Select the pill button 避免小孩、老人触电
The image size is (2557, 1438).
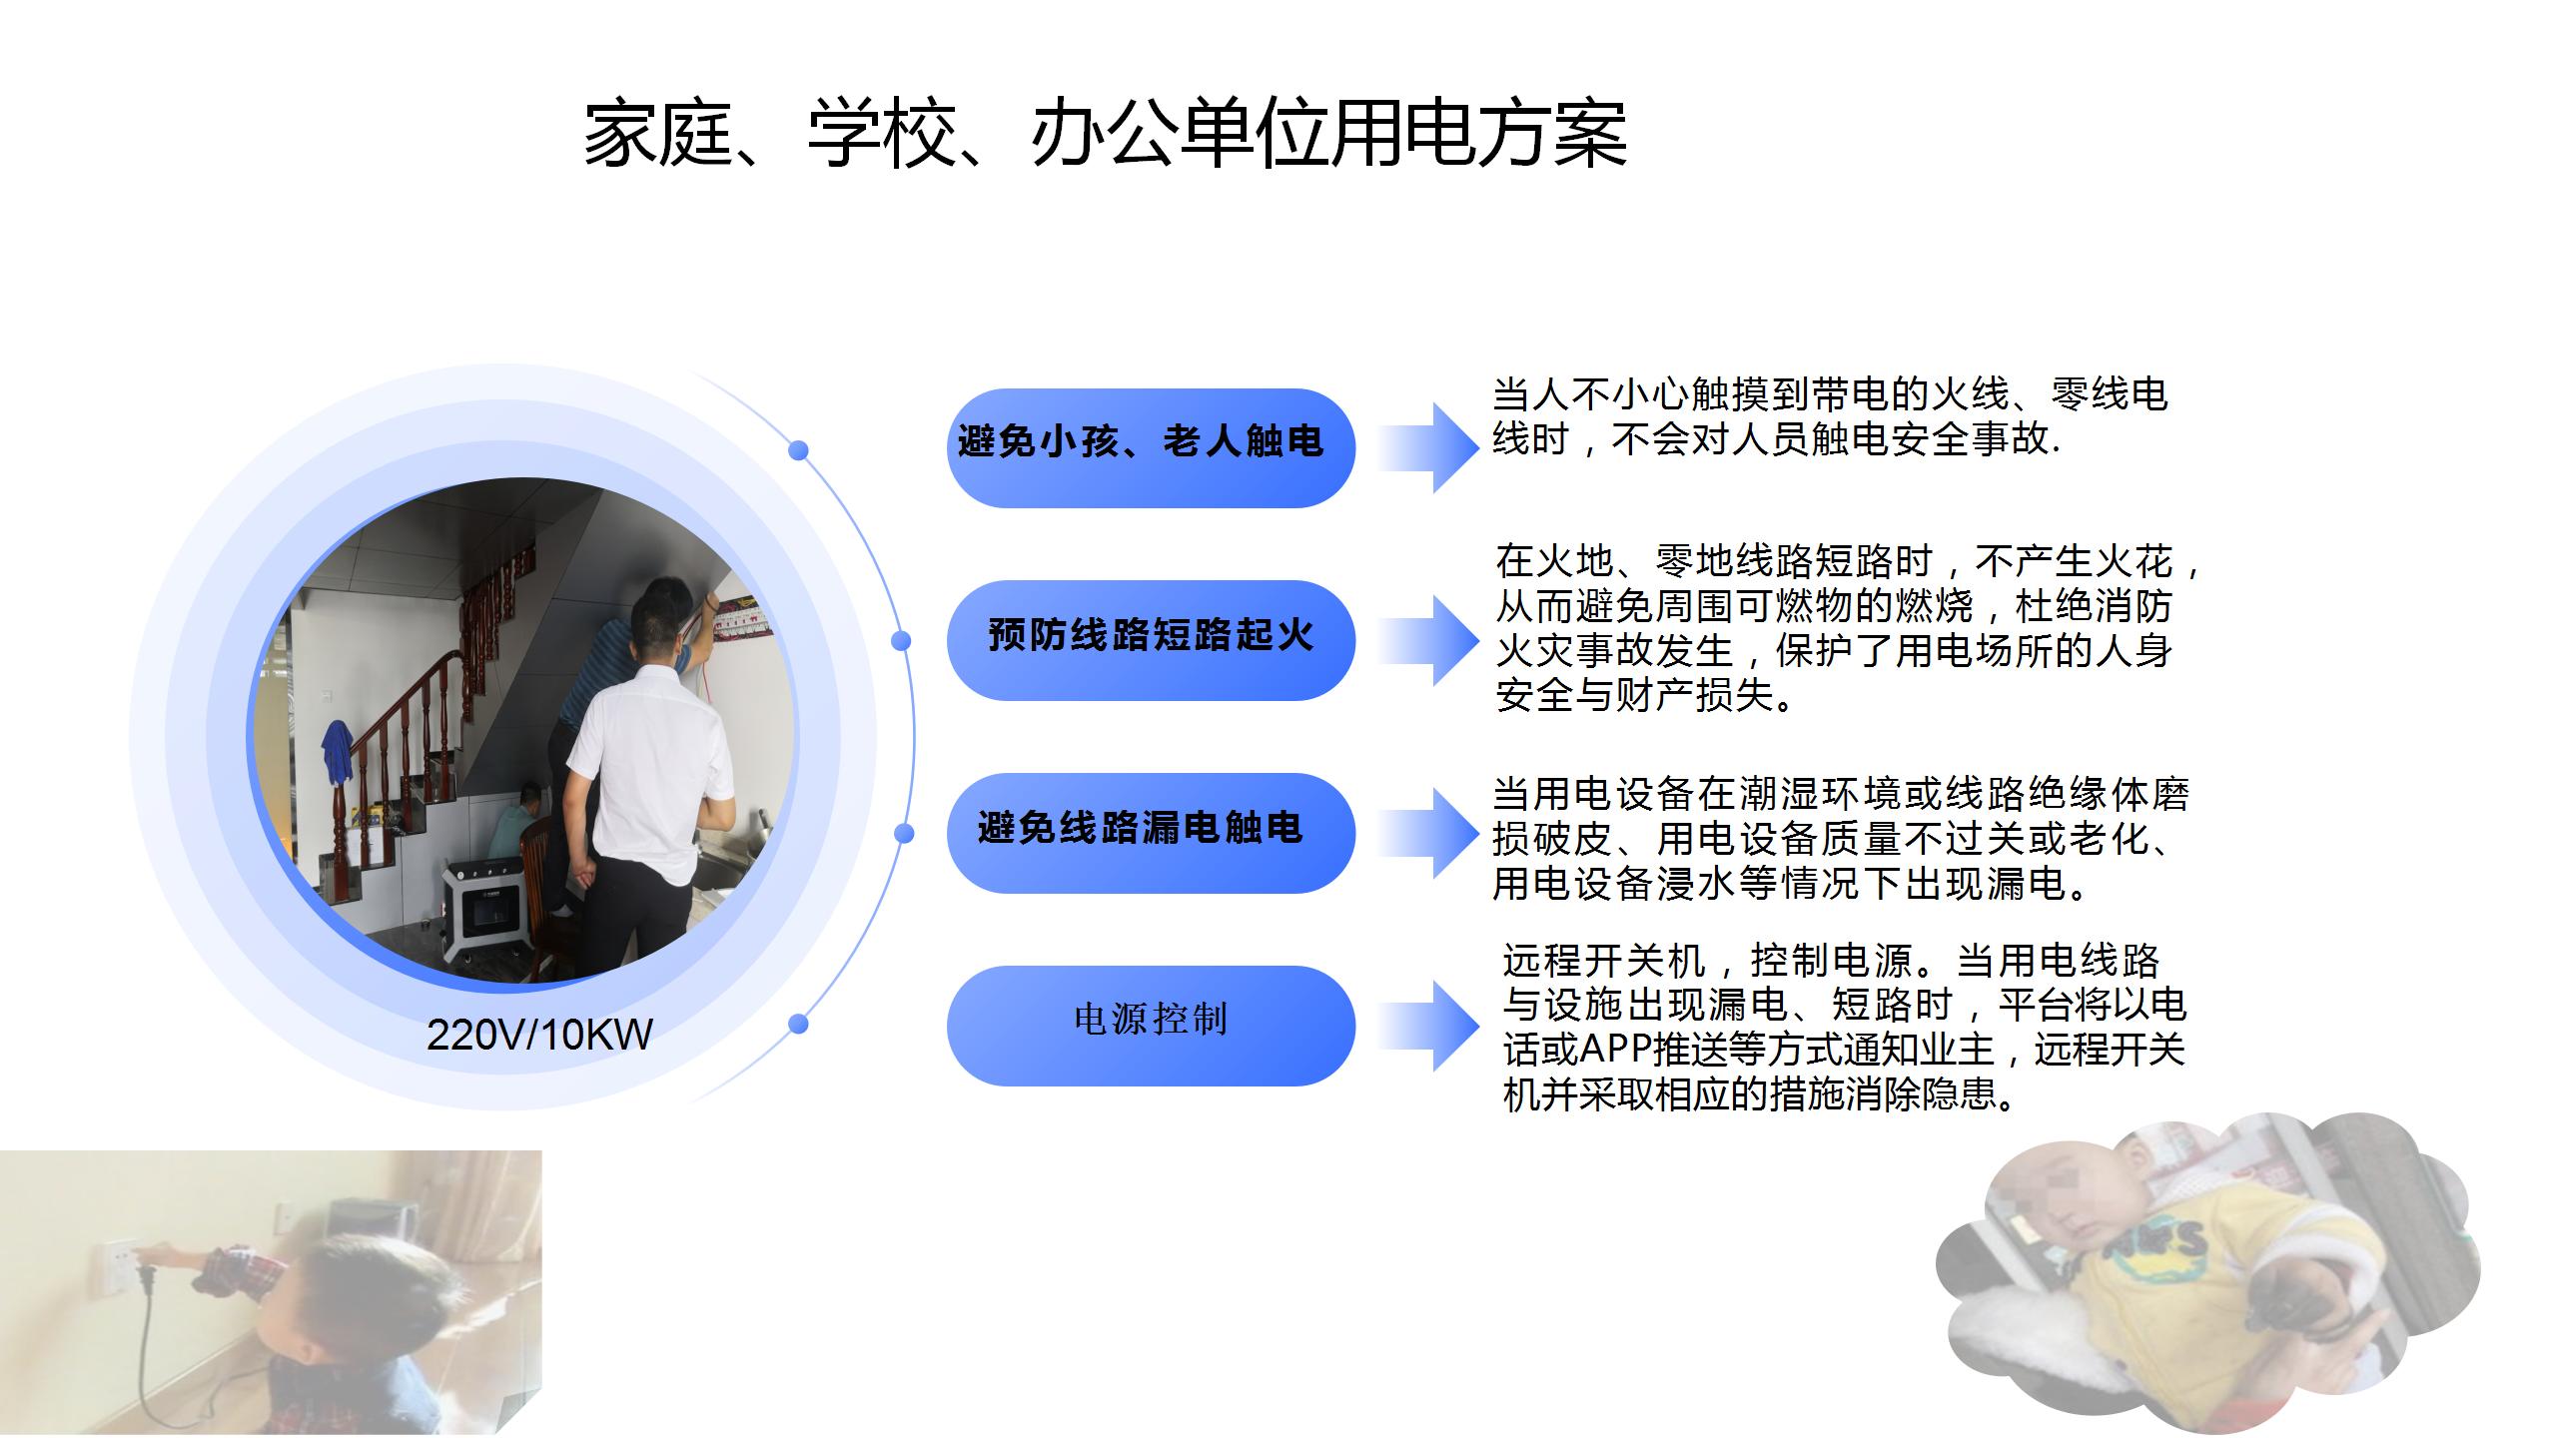coord(1151,447)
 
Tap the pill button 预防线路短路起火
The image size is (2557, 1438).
coord(1151,640)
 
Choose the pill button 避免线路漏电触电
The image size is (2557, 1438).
coord(1151,833)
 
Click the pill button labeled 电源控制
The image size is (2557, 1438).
coord(1151,1026)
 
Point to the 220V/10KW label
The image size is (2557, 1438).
coord(539,1035)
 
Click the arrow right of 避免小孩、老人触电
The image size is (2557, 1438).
coord(1428,447)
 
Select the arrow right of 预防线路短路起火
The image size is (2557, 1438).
coord(1428,640)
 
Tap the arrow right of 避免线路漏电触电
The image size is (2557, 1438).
coord(1428,833)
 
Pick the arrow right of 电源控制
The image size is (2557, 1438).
coord(1428,1026)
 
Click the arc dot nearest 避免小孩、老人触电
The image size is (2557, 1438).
coord(798,450)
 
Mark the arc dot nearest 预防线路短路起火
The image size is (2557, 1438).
coord(901,640)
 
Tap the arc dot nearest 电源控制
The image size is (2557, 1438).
coord(798,1024)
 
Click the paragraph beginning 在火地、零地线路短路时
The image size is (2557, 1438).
coord(1848,628)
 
